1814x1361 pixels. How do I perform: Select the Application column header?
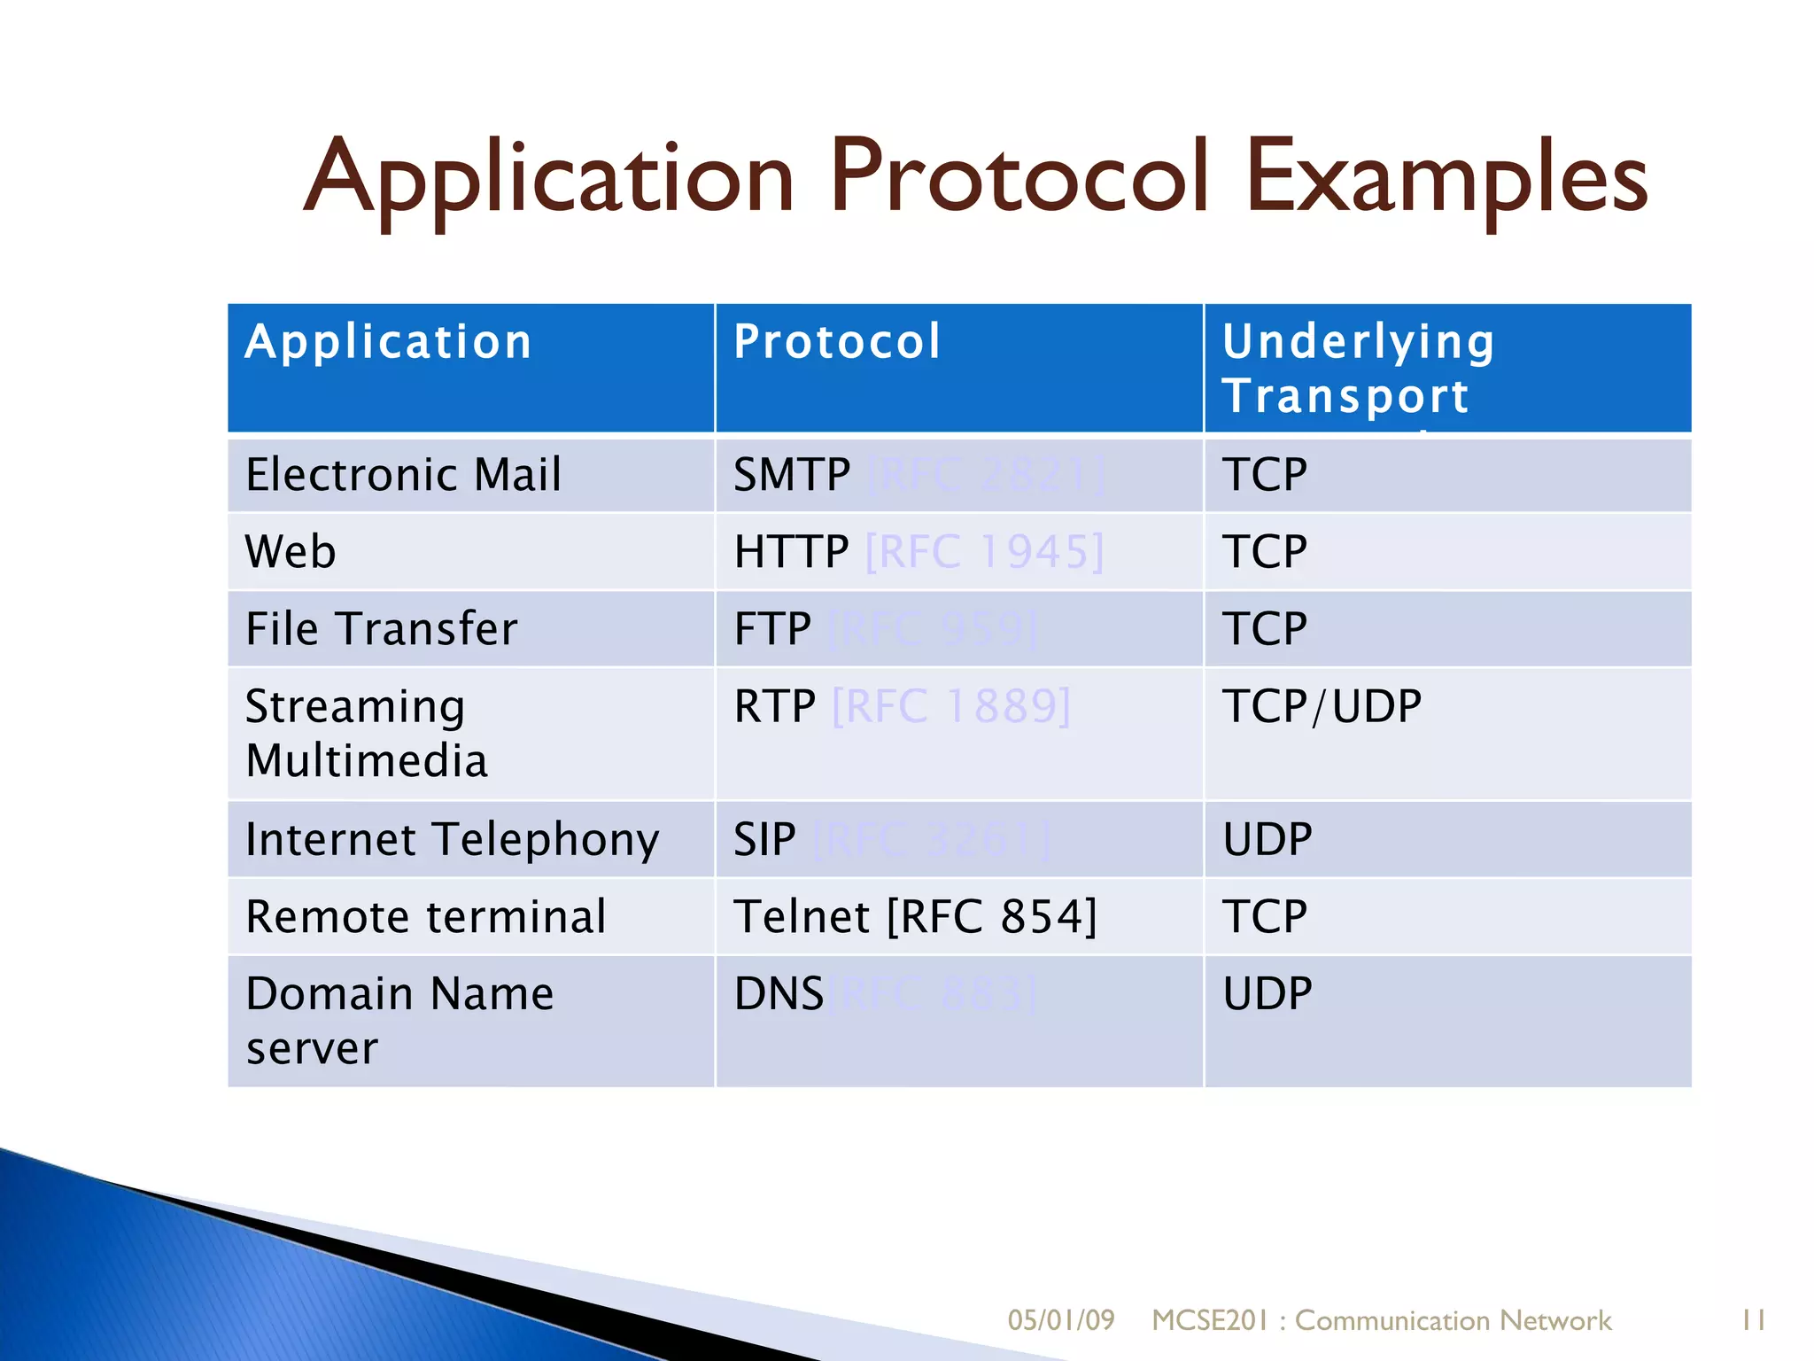(x=388, y=342)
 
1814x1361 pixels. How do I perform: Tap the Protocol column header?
(x=837, y=342)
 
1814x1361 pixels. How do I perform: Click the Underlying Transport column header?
(x=1358, y=368)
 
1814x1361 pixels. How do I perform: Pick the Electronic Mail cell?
(x=403, y=474)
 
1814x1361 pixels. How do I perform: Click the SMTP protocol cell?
(x=792, y=474)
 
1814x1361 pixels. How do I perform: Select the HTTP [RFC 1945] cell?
(x=919, y=551)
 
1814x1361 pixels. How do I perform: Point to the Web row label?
(x=291, y=551)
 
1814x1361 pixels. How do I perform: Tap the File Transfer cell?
(x=381, y=629)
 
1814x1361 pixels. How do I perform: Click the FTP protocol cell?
(x=772, y=629)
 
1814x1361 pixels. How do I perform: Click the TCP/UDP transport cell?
(x=1322, y=706)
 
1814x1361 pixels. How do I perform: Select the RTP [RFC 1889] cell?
(x=902, y=706)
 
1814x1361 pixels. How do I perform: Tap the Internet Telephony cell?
(x=452, y=839)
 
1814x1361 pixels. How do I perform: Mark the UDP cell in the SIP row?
(x=1267, y=839)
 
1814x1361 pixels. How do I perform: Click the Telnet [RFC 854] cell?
(x=915, y=916)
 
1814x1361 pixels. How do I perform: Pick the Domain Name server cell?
(x=399, y=1020)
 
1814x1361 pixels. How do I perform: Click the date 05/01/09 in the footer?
(x=1060, y=1320)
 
